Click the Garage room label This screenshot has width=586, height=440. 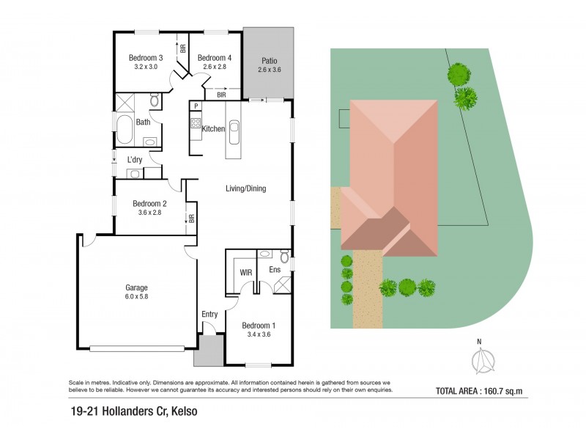(x=136, y=287)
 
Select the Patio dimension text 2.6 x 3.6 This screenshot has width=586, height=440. (x=270, y=70)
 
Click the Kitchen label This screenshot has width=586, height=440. (x=213, y=129)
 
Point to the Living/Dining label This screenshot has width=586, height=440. (x=245, y=188)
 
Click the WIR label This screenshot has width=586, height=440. (x=247, y=272)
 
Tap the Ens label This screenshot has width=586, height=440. (x=275, y=271)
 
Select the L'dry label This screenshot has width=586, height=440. (x=135, y=160)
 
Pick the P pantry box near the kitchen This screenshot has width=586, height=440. (x=196, y=106)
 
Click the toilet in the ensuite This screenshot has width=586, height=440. (x=284, y=257)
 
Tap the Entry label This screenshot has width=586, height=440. (x=209, y=315)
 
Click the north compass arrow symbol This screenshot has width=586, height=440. (x=483, y=359)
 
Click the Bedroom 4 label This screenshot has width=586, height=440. (x=215, y=58)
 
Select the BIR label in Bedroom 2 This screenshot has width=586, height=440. (x=191, y=218)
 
